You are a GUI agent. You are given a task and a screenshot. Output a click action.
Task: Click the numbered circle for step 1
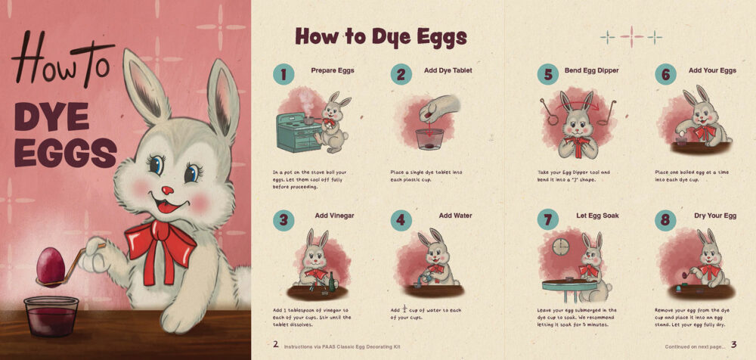click(284, 74)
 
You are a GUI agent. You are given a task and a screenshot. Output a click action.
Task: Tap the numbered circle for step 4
click(401, 220)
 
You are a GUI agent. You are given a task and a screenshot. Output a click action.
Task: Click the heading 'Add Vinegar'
click(334, 216)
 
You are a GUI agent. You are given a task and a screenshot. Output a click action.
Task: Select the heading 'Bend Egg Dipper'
click(591, 70)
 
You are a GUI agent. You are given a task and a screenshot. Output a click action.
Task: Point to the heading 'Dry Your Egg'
click(715, 216)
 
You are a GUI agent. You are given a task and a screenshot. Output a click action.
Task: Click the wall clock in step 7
click(560, 247)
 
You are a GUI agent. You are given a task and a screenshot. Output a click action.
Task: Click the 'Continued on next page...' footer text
click(695, 346)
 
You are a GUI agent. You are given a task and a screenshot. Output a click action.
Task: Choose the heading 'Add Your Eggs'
click(712, 70)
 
